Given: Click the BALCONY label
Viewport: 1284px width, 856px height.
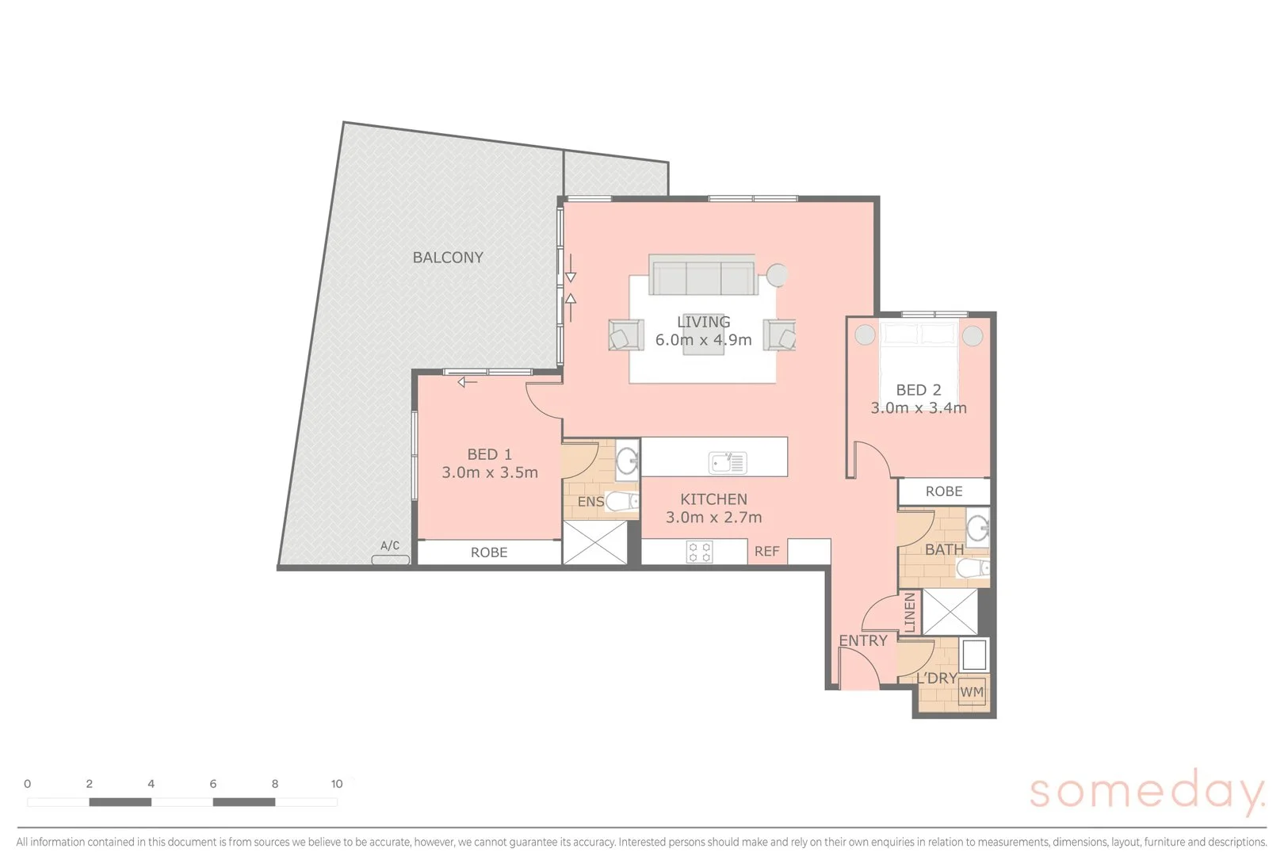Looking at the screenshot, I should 448,258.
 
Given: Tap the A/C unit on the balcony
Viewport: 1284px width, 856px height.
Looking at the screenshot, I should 391,560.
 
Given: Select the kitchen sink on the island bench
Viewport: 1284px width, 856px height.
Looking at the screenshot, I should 728,462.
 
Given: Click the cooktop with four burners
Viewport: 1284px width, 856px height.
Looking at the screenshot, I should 699,552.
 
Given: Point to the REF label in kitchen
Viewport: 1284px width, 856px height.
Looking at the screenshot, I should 766,552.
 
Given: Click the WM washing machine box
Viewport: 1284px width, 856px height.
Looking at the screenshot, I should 972,691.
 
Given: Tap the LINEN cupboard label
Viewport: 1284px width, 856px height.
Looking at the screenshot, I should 910,613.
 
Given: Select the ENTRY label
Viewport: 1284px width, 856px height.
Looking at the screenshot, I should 863,640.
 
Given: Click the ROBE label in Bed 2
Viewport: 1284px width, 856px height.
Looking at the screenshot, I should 944,491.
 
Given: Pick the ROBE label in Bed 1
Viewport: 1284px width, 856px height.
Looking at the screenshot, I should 489,552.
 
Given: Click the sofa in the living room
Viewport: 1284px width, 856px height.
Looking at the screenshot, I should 701,275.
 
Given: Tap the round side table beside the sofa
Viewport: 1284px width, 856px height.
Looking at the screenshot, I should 778,274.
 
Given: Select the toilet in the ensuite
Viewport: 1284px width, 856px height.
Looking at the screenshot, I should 622,501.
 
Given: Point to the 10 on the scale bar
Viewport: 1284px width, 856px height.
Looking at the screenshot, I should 337,784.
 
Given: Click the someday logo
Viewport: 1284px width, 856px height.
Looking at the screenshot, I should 1146,792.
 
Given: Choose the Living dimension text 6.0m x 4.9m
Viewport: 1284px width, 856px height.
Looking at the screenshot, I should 703,340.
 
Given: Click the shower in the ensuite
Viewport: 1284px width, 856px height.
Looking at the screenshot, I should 594,543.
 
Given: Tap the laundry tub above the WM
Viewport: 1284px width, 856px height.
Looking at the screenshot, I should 973,655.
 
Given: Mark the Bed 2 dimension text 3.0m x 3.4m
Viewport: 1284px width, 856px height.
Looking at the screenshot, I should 919,408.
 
